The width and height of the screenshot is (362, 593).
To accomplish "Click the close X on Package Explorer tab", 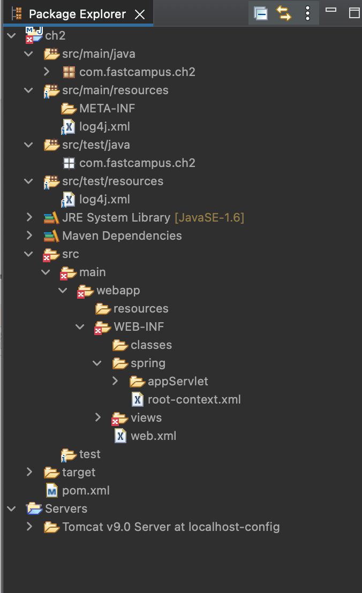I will click(140, 14).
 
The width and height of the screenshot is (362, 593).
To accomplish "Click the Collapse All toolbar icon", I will click(261, 13).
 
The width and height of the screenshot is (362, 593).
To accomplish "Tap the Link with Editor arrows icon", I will click(284, 13).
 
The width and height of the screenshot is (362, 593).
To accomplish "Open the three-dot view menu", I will click(307, 13).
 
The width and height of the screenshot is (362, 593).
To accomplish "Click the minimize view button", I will click(331, 10).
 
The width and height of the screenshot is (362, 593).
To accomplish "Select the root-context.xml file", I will click(194, 399).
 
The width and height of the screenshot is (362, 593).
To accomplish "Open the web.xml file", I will click(153, 436).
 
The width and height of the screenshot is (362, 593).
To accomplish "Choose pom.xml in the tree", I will click(86, 490).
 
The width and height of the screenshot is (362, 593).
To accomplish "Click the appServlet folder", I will click(178, 381).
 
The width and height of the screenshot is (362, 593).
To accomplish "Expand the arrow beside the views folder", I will click(98, 417).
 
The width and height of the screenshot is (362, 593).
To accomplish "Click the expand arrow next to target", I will click(29, 472).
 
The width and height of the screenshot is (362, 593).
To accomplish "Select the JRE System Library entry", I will click(116, 217).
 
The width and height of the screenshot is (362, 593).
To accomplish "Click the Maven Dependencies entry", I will click(122, 235).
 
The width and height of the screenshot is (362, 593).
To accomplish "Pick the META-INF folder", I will click(107, 108).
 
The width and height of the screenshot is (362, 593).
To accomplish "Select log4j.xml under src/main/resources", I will click(104, 126).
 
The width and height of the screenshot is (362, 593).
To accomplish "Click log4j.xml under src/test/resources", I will click(104, 199).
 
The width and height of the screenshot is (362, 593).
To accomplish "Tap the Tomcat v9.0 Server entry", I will click(170, 527).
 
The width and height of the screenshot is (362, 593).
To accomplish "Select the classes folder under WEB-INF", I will click(151, 345).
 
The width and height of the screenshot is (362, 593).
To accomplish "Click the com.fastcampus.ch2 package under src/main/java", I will click(137, 72).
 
